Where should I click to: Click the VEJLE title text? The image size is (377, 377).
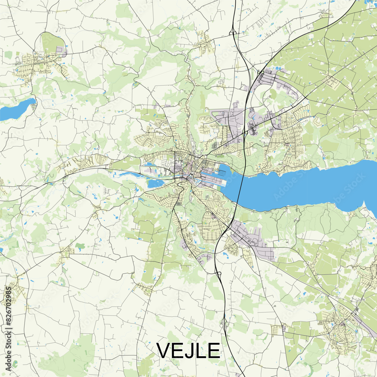tap(188, 351)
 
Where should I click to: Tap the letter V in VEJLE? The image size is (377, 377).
tap(165, 351)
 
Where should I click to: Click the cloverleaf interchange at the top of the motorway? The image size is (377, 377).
tap(233, 33)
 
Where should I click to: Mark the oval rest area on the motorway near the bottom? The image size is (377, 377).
tap(227, 324)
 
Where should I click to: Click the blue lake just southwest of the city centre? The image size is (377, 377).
tap(156, 184)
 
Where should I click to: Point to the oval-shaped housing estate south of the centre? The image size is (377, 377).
tap(211, 222)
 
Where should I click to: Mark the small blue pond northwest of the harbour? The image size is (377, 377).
tap(148, 164)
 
